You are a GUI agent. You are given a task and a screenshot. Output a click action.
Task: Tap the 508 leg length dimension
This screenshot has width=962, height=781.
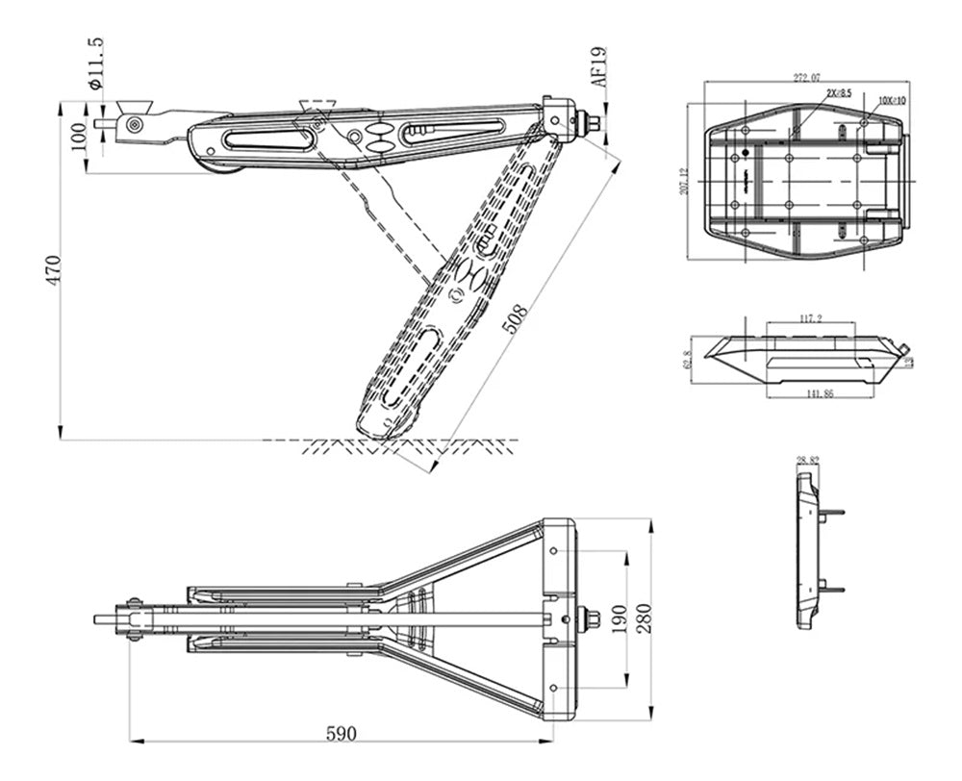tap(517, 318)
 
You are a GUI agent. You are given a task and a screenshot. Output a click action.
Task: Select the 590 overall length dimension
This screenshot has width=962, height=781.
tap(341, 733)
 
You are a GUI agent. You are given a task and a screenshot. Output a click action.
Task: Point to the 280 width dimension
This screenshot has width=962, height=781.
tap(644, 618)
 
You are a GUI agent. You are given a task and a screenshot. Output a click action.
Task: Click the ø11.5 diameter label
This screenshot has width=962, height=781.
tap(94, 63)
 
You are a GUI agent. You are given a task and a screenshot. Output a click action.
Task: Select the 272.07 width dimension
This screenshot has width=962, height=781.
tap(807, 76)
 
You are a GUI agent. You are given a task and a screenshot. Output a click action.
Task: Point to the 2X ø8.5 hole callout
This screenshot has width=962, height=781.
tap(839, 92)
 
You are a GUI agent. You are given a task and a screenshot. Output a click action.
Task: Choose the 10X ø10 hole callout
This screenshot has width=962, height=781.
tap(892, 99)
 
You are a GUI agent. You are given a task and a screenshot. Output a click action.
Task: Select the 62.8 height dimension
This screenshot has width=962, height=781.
tap(686, 358)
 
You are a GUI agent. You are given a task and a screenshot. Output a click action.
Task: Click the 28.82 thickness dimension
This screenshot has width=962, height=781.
tap(808, 461)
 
